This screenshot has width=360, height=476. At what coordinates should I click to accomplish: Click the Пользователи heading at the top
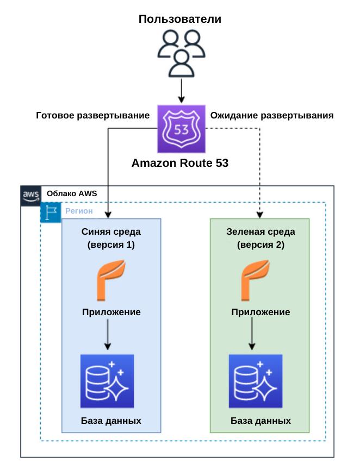pyautogui.click(x=180, y=20)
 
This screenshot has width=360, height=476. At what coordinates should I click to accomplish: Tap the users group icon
pyautogui.click(x=180, y=52)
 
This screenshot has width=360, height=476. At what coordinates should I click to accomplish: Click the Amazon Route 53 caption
pyautogui.click(x=180, y=163)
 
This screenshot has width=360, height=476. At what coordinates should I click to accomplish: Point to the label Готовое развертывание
pyautogui.click(x=92, y=116)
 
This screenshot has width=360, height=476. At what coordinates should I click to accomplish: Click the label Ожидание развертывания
pyautogui.click(x=272, y=116)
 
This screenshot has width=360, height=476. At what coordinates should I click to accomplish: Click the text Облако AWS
pyautogui.click(x=71, y=193)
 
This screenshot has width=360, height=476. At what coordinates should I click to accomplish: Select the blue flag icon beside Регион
pyautogui.click(x=51, y=212)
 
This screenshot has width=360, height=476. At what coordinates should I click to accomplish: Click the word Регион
pyautogui.click(x=79, y=211)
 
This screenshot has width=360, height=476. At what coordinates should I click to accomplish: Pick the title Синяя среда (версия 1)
pyautogui.click(x=111, y=238)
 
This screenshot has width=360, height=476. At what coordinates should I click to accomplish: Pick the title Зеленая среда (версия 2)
pyautogui.click(x=260, y=238)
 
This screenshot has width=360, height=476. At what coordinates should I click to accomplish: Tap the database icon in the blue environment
pyautogui.click(x=107, y=381)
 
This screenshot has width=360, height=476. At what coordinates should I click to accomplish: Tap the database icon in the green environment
pyautogui.click(x=256, y=381)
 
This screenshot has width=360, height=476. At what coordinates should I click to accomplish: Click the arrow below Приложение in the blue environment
pyautogui.click(x=107, y=334)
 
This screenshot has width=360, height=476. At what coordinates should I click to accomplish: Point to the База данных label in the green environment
pyautogui.click(x=260, y=421)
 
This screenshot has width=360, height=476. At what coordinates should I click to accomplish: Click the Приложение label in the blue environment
pyautogui.click(x=111, y=312)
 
